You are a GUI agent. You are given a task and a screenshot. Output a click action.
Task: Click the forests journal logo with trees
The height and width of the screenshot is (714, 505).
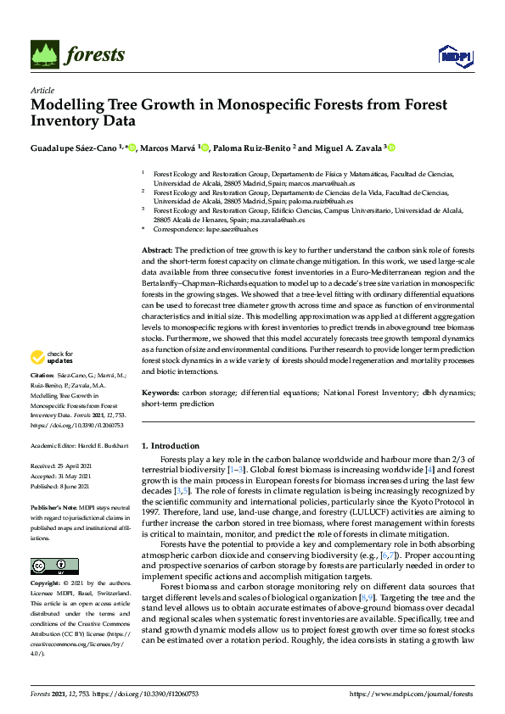click(78, 55)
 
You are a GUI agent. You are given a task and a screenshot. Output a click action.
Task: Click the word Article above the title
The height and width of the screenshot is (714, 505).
click(42, 90)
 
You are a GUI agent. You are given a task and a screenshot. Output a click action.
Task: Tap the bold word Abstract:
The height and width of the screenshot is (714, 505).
click(157, 251)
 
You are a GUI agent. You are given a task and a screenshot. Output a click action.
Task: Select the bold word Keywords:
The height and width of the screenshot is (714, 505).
click(160, 393)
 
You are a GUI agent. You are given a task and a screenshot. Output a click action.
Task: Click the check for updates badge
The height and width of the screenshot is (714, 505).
click(53, 358)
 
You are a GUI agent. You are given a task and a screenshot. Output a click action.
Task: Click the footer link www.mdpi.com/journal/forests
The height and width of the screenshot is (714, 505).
click(420, 694)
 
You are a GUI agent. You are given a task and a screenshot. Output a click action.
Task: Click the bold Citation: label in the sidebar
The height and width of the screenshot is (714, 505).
click(42, 374)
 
